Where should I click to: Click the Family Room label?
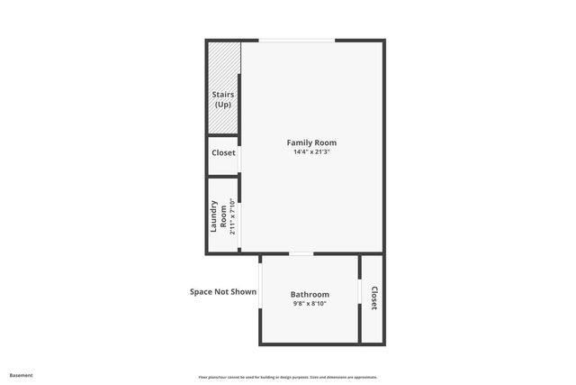tap(311, 142)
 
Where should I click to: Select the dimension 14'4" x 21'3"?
tap(311, 151)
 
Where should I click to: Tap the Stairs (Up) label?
tap(222, 99)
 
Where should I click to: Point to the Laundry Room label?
tap(219, 216)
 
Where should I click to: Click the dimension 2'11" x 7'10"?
tap(232, 216)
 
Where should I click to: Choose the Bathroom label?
tap(310, 294)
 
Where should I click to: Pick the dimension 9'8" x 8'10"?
tap(310, 304)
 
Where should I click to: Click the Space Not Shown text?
tap(222, 291)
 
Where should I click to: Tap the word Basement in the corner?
tap(21, 375)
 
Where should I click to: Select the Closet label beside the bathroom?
tap(373, 298)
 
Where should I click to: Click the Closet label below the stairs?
tap(223, 153)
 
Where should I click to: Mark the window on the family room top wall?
tap(297, 41)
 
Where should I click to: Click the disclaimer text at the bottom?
tap(287, 377)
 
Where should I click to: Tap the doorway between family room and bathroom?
tap(301, 254)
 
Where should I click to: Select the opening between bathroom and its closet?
tap(361, 293)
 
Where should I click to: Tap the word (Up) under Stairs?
tap(222, 105)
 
